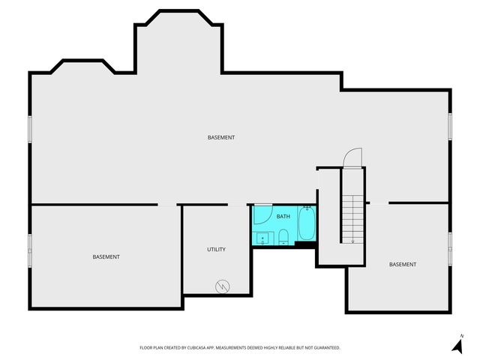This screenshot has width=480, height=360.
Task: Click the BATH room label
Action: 283,217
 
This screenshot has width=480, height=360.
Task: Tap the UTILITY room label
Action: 216,249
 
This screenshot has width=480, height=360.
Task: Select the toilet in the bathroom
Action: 283,238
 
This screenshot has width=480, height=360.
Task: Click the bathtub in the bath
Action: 306,223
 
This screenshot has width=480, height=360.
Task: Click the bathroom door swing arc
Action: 261,213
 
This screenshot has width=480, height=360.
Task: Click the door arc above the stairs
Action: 352,157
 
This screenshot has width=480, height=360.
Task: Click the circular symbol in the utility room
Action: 223,286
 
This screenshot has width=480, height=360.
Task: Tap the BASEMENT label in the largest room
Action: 221,137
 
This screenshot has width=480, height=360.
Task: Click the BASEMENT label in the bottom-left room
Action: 106,256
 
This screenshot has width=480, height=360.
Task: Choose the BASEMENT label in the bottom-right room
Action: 403,264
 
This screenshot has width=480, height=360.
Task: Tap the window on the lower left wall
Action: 30,244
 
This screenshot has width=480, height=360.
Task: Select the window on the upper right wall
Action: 450,125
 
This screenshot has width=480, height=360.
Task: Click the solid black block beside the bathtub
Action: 306,244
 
